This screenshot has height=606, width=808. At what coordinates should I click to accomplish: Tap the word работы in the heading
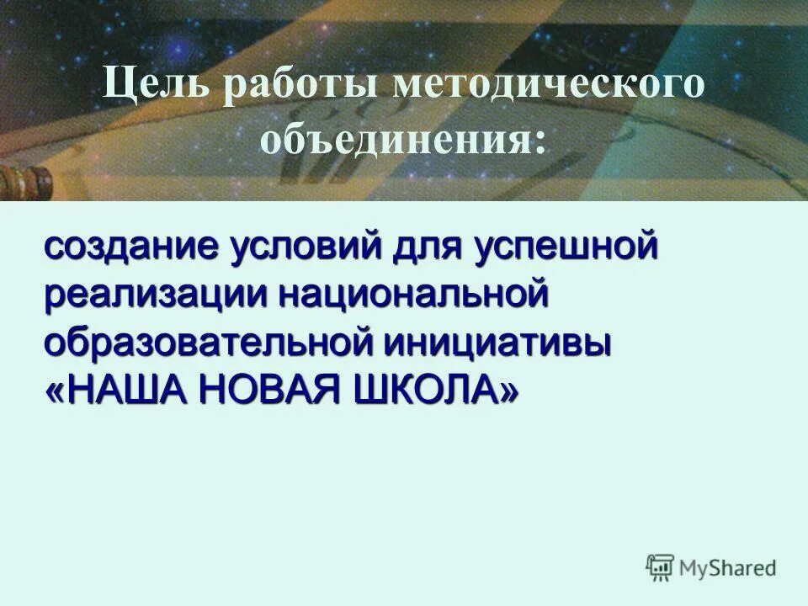pos(276,87)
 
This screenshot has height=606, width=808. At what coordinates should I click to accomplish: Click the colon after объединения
pos(537,141)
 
